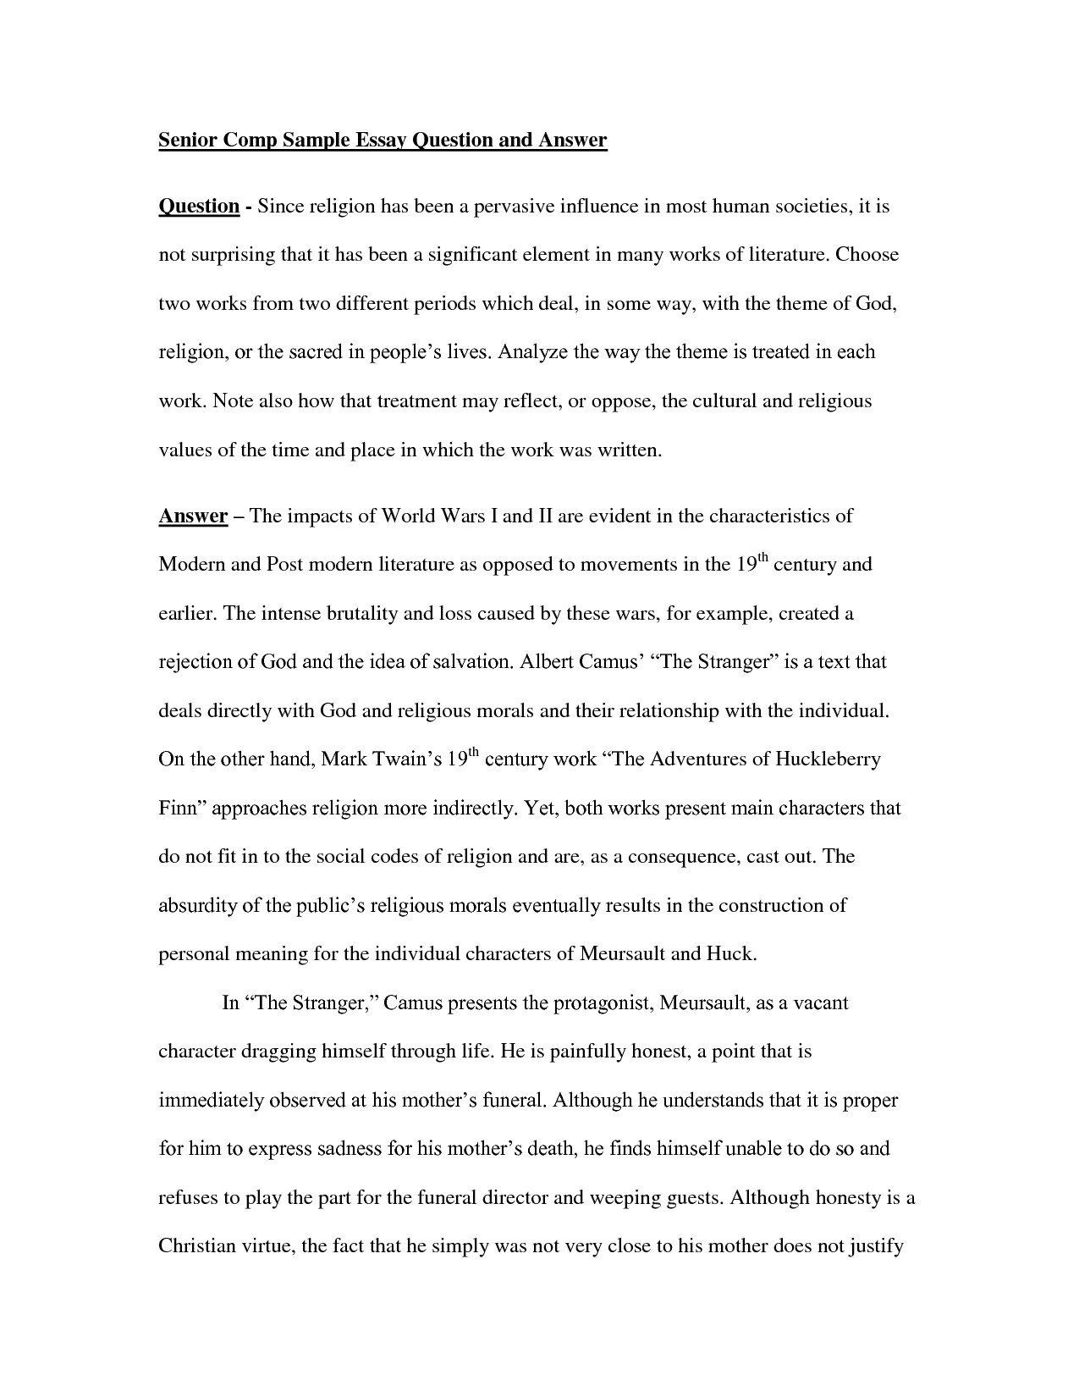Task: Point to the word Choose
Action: coord(867,254)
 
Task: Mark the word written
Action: coord(628,450)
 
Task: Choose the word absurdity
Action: coord(197,905)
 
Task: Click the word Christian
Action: coord(197,1246)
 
